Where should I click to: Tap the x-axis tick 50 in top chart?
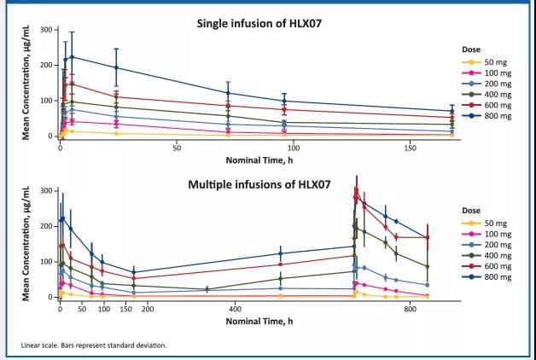point(176,148)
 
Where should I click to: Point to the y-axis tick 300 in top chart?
point(44,30)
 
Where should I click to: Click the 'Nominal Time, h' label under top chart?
point(255,160)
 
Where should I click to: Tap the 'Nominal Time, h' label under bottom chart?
point(255,321)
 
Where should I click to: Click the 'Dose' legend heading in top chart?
point(471,49)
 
